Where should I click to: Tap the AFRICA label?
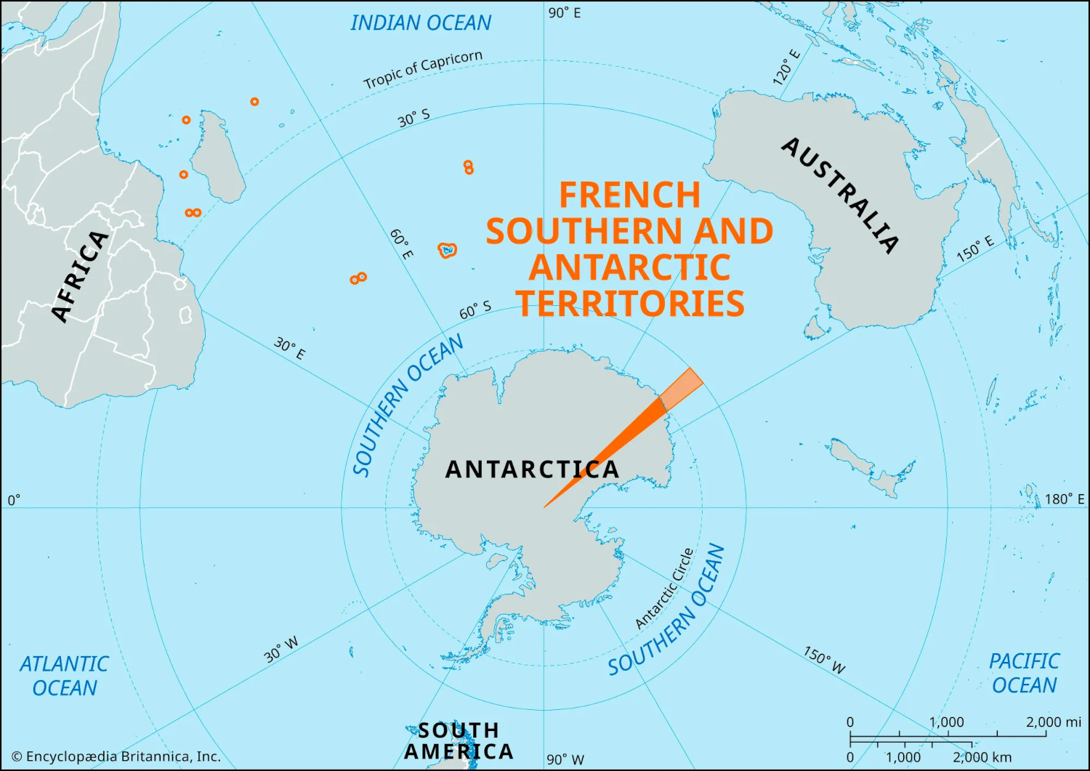80,276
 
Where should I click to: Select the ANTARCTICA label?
532,469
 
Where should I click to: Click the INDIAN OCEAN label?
421,23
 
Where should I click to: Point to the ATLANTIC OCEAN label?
64,676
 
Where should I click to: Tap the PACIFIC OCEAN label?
1024,673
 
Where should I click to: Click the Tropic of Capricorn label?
422,69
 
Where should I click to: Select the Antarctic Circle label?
664,589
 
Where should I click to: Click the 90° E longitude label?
565,13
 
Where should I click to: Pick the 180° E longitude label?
1064,499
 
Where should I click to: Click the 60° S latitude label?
475,311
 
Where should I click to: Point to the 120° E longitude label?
786,68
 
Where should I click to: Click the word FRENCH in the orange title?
629,195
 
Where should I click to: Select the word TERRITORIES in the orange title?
630,303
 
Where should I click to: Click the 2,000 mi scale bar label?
1053,722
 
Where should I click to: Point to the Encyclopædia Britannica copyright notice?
116,756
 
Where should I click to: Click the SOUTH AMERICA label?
459,740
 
